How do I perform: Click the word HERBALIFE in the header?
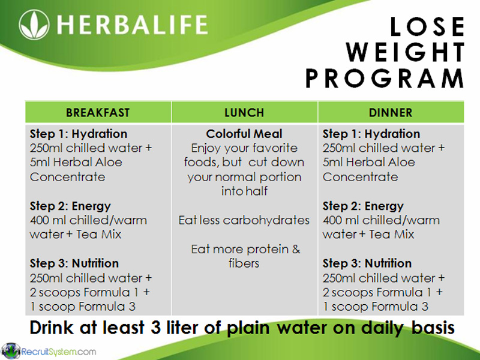[x=133, y=26]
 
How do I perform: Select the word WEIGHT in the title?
[x=406, y=53]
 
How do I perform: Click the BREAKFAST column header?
[x=98, y=113]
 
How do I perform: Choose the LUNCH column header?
[x=244, y=113]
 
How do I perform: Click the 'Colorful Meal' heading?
[x=244, y=134]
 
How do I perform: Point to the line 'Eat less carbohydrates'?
[x=244, y=220]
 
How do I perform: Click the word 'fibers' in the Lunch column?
[x=244, y=263]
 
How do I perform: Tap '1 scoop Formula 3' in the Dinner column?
[x=376, y=307]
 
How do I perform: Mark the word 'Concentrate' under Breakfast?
[x=67, y=177]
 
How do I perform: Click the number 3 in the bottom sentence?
[x=160, y=329]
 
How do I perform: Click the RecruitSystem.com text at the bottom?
[x=58, y=351]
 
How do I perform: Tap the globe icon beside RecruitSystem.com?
[x=11, y=350]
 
